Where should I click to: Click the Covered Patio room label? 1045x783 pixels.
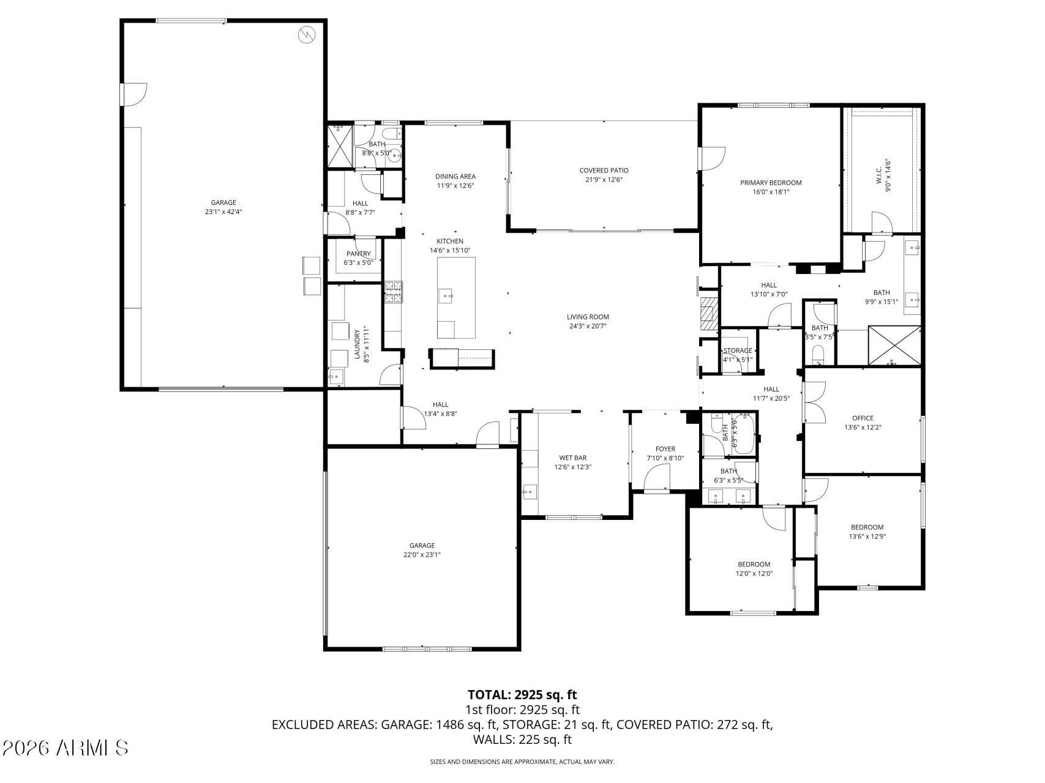coord(604,171)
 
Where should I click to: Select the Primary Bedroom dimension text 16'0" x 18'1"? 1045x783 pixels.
coord(771,191)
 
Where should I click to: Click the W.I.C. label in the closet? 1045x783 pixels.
coord(879,177)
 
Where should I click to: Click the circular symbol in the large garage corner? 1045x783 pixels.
coord(305,35)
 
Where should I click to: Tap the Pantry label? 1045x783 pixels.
coord(358,254)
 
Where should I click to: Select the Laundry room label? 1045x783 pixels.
coord(357,346)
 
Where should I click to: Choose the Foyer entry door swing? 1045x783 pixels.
coord(657,477)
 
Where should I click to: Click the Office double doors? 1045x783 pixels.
coord(815,403)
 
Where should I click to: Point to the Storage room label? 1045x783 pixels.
coord(738,351)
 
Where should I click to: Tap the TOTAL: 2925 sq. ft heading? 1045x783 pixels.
coord(522,694)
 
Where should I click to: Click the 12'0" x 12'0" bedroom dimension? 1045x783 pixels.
coord(754,574)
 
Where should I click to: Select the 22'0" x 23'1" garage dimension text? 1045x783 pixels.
coord(422,555)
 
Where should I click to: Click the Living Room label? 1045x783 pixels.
coord(588,317)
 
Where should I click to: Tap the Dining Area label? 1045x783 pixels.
coord(455,176)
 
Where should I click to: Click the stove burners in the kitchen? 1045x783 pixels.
coord(394,292)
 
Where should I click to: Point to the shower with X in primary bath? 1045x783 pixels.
coord(894,346)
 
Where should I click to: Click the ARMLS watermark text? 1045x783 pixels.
coord(66,748)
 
